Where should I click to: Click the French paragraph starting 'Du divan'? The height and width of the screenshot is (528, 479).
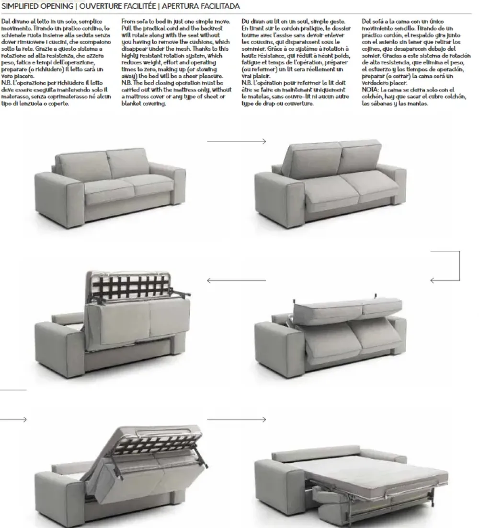(x=297, y=62)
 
